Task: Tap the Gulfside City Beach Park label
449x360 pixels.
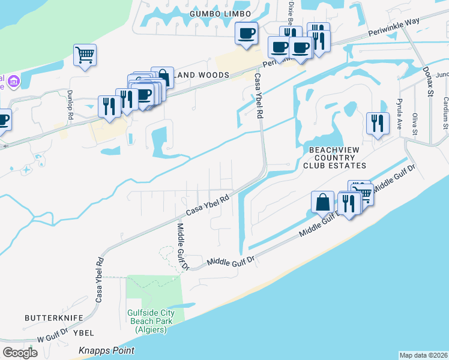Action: (151, 321)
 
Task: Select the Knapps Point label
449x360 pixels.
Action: (107, 350)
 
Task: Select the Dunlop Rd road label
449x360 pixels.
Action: (70, 101)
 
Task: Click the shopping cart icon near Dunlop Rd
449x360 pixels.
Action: (85, 55)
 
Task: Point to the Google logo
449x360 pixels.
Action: (20, 352)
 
